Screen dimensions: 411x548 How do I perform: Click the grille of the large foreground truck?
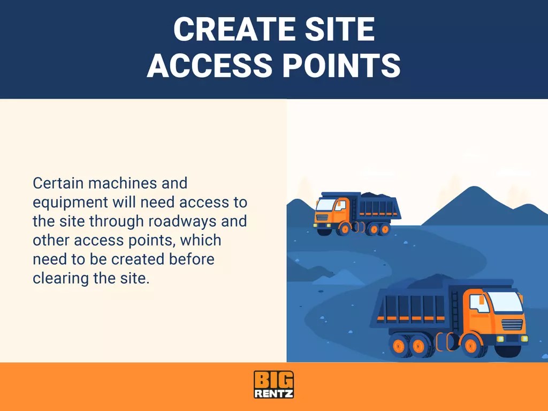[512, 325]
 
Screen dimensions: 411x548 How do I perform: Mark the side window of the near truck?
[478, 303]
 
